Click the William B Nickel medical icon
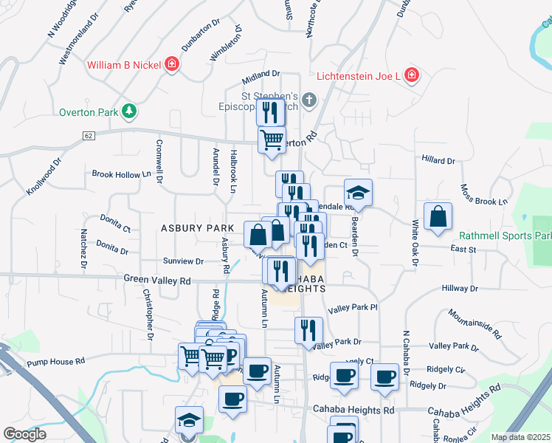pyautogui.click(x=172, y=65)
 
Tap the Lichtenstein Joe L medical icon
pyautogui.click(x=411, y=76)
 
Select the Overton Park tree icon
pyautogui.click(x=130, y=111)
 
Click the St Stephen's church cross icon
pyautogui.click(x=308, y=100)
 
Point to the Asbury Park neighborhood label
pyautogui.click(x=198, y=229)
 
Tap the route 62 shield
pyautogui.click(x=89, y=136)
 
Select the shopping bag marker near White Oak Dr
pyautogui.click(x=438, y=217)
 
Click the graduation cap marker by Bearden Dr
pyautogui.click(x=358, y=193)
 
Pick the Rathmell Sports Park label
pyautogui.click(x=506, y=236)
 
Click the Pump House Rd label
pyautogui.click(x=56, y=362)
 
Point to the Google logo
pyautogui.click(x=24, y=434)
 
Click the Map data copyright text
pyautogui.click(x=520, y=437)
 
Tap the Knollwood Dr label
pyautogui.click(x=44, y=176)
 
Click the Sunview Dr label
pyautogui.click(x=183, y=261)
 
